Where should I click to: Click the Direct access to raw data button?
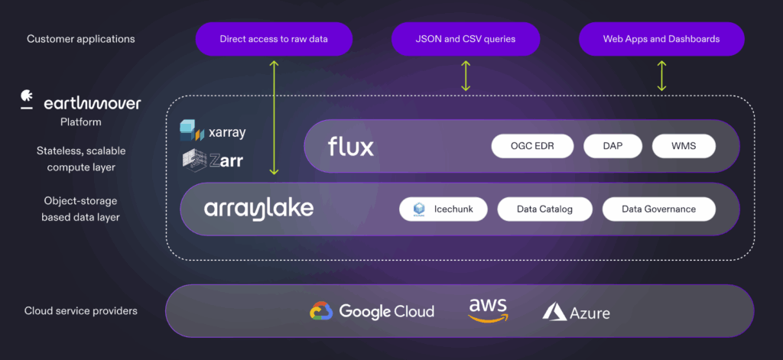pyautogui.click(x=274, y=39)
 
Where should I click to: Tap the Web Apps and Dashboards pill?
pyautogui.click(x=661, y=39)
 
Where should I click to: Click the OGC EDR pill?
pyautogui.click(x=532, y=146)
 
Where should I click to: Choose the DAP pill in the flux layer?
pyautogui.click(x=612, y=146)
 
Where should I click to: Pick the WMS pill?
pyautogui.click(x=684, y=146)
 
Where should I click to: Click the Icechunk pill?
pyautogui.click(x=443, y=209)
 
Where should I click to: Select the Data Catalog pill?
pyautogui.click(x=544, y=209)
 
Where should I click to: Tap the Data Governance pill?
pyautogui.click(x=658, y=209)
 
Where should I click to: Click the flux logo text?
pyautogui.click(x=351, y=146)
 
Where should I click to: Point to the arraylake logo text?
pyautogui.click(x=258, y=209)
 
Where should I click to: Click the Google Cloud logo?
pyautogui.click(x=372, y=311)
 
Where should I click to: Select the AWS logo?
pyautogui.click(x=488, y=310)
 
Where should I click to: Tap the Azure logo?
pyautogui.click(x=576, y=312)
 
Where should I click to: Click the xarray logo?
pyautogui.click(x=213, y=131)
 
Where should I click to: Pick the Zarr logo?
pyautogui.click(x=213, y=159)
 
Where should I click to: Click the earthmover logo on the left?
pyautogui.click(x=80, y=102)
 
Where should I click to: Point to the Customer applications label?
pyautogui.click(x=80, y=39)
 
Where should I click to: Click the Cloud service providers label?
pyautogui.click(x=80, y=311)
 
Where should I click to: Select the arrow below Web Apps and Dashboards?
pyautogui.click(x=662, y=76)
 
